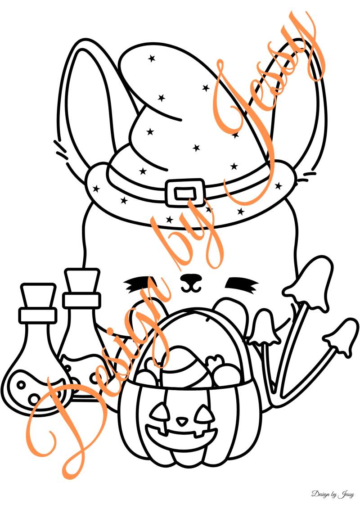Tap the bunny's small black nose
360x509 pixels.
click(190, 278)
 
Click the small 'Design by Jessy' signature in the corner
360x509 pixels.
click(333, 495)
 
